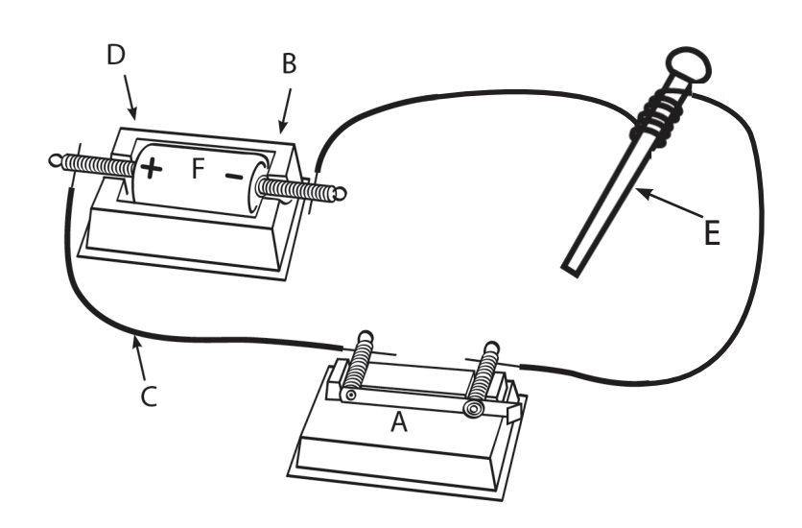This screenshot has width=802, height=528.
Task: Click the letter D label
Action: [x=115, y=55]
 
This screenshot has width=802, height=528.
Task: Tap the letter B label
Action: [x=289, y=64]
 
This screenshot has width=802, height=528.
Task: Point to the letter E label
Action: [x=712, y=232]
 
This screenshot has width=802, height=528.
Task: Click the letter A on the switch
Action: [x=399, y=422]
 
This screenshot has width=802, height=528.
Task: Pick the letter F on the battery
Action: [x=198, y=168]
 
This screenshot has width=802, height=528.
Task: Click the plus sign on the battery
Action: [x=151, y=168]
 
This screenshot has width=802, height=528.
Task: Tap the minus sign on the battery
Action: [x=234, y=176]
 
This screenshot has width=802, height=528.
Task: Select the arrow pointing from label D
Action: [x=130, y=97]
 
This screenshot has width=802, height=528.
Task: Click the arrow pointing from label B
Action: [x=286, y=111]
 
